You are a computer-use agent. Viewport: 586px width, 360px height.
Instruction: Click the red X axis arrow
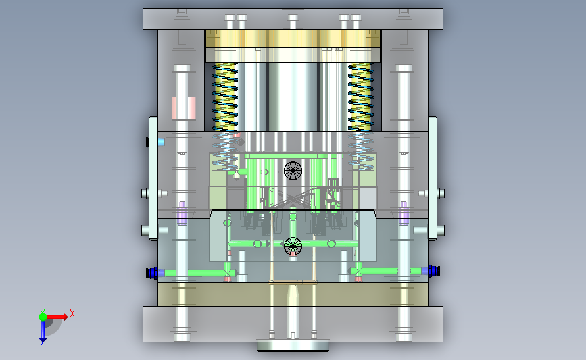click(x=57, y=317)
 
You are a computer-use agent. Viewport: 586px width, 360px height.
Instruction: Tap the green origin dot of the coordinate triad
click(x=43, y=317)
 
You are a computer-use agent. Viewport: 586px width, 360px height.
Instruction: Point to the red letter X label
click(x=72, y=313)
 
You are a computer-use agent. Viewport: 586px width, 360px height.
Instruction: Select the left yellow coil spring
click(x=225, y=97)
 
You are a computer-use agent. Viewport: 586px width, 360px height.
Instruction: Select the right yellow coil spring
click(x=361, y=97)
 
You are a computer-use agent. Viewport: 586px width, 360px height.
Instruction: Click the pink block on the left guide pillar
click(x=183, y=108)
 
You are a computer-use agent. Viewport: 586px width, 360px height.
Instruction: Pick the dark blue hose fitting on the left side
click(x=152, y=273)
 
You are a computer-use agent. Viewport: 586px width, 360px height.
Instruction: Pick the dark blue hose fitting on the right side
click(x=433, y=271)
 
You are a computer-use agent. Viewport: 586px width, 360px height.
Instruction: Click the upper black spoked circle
click(x=293, y=171)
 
